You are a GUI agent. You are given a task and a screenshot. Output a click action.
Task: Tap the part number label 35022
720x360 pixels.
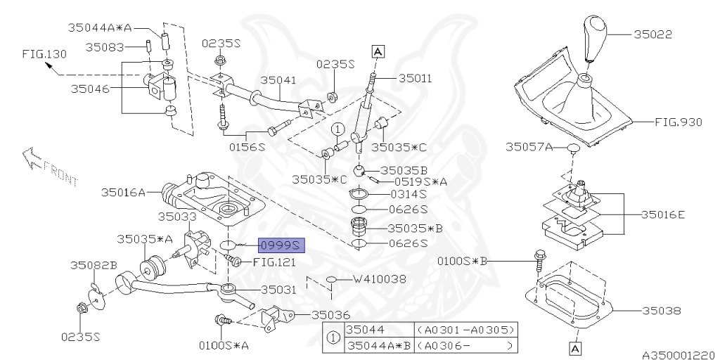click(x=653, y=32)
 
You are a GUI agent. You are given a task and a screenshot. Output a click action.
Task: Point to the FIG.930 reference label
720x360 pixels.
click(x=679, y=122)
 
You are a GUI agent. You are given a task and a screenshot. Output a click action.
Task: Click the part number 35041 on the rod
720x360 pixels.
click(x=277, y=81)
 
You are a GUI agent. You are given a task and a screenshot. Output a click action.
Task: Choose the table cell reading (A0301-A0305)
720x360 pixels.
click(x=465, y=329)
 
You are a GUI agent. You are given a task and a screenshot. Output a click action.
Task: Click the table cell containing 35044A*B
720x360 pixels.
click(x=377, y=345)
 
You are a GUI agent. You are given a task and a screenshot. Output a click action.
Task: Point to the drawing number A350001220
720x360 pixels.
click(x=678, y=356)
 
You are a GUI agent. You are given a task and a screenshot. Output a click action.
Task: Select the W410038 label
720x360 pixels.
click(x=380, y=279)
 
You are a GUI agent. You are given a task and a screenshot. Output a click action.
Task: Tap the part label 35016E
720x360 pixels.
click(x=662, y=214)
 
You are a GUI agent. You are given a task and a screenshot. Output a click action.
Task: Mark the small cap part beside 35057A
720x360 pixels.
click(x=573, y=148)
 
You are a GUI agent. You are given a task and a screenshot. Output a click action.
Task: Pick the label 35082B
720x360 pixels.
click(x=93, y=265)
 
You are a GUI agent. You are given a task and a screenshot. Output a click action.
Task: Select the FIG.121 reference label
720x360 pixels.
click(x=274, y=262)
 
